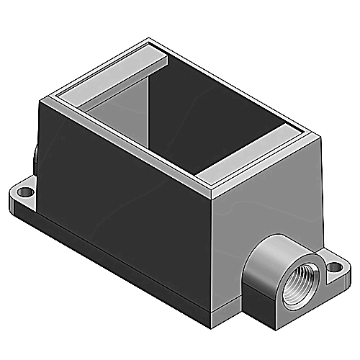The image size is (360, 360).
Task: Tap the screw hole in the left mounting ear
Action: click(x=24, y=193)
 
